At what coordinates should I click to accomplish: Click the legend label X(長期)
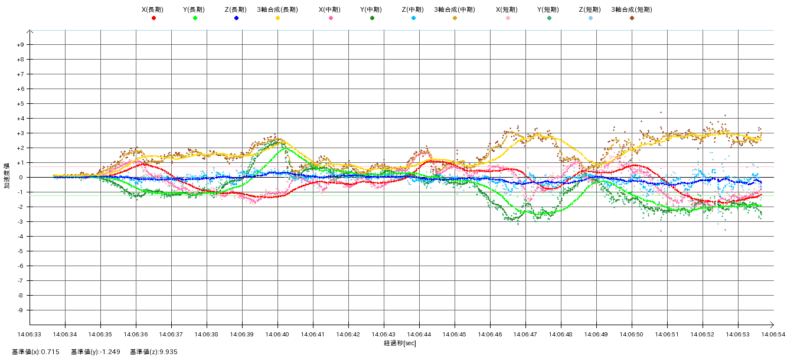[x=153, y=9]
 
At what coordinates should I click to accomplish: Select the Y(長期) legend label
[x=195, y=9]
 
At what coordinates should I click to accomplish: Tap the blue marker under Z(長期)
[x=236, y=18]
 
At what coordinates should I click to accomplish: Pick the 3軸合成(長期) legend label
[x=277, y=9]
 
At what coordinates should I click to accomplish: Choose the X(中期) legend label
[x=331, y=9]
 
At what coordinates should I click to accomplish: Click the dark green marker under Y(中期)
[x=372, y=18]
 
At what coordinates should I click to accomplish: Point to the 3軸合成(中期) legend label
[x=455, y=9]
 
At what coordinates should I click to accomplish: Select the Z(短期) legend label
[x=590, y=9]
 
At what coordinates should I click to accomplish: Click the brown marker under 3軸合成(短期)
[x=632, y=18]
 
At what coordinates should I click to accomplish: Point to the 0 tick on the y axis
[x=22, y=178]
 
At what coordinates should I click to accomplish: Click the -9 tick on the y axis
[x=21, y=310]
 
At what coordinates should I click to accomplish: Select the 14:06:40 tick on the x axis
[x=277, y=334]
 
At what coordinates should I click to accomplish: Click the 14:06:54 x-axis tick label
[x=773, y=334]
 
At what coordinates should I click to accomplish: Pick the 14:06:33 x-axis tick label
[x=30, y=334]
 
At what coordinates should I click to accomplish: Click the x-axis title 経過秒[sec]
[x=400, y=343]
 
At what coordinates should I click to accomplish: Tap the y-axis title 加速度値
[x=7, y=177]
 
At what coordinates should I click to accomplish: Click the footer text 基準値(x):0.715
[x=37, y=352]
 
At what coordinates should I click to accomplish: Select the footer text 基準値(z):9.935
[x=153, y=352]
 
